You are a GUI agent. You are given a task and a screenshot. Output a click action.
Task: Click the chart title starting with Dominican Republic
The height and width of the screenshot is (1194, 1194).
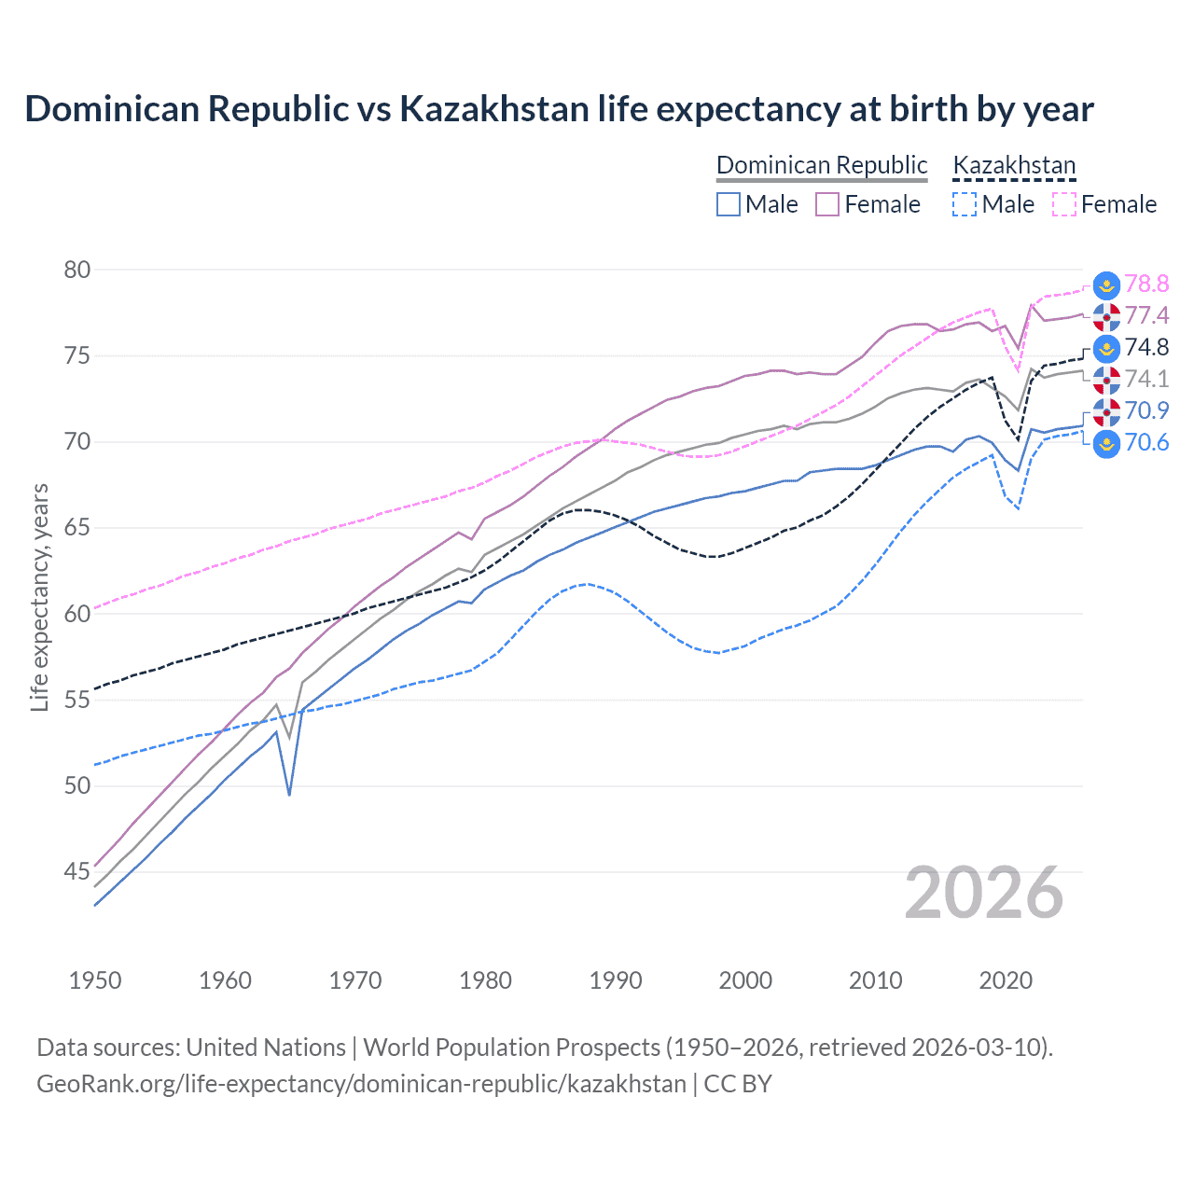coord(559,109)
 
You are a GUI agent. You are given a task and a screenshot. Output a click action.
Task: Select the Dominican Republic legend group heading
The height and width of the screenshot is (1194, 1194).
coord(822,165)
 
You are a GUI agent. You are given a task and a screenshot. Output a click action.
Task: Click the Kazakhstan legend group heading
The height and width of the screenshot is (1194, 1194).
coord(1014,165)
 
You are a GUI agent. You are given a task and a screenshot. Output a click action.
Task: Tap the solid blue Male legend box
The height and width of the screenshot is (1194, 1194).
coord(729,204)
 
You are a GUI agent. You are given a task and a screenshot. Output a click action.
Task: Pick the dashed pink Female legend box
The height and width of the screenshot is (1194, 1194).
coord(1064,204)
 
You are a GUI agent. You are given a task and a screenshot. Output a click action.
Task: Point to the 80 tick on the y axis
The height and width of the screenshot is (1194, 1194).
coord(77,270)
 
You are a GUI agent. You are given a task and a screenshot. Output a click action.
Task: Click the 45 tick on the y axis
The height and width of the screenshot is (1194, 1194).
coord(77,871)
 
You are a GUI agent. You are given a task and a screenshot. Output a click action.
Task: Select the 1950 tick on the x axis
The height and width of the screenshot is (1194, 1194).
coord(95,980)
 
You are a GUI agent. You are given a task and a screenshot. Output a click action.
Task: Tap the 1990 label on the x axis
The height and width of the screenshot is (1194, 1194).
coord(616,980)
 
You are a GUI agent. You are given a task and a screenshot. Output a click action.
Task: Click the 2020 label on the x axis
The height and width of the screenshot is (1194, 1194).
coord(1006,980)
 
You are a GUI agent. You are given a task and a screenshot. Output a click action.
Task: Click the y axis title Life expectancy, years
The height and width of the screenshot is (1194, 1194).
coord(39,597)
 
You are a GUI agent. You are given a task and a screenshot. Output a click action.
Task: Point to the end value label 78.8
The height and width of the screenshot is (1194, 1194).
coord(1146,284)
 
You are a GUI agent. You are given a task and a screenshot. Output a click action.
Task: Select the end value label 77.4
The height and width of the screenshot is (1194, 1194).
coord(1146,315)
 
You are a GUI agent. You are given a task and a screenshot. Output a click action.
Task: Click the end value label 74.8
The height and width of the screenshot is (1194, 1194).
coord(1146,347)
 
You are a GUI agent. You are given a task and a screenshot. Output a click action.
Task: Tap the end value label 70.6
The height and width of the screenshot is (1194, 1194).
coord(1146,442)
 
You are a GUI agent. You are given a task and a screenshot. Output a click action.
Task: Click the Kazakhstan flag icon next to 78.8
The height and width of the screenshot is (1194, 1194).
coord(1106,285)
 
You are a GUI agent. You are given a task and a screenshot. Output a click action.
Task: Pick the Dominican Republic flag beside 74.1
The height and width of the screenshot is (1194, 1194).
coord(1106,380)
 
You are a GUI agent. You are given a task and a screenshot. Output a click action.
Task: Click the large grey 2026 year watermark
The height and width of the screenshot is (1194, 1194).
coord(984,893)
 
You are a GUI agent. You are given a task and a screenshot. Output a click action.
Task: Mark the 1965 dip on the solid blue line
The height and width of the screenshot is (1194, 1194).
coord(289,795)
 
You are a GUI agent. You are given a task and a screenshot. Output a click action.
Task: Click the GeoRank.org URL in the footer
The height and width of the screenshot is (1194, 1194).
coord(361,1084)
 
